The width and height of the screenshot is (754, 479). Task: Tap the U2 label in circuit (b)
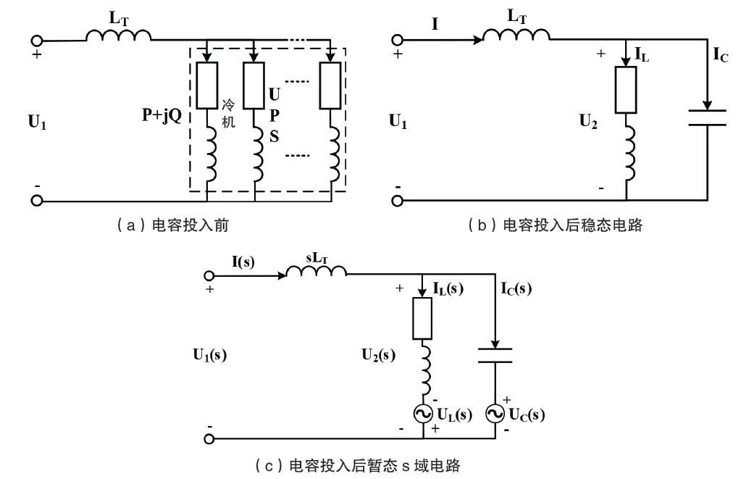click(x=589, y=122)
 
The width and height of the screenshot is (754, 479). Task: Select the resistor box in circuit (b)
click(x=627, y=90)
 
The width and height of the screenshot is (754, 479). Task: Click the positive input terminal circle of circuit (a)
click(x=36, y=41)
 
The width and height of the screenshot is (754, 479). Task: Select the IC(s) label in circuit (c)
click(x=516, y=288)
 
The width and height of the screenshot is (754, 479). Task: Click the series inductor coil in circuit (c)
click(x=317, y=272)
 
